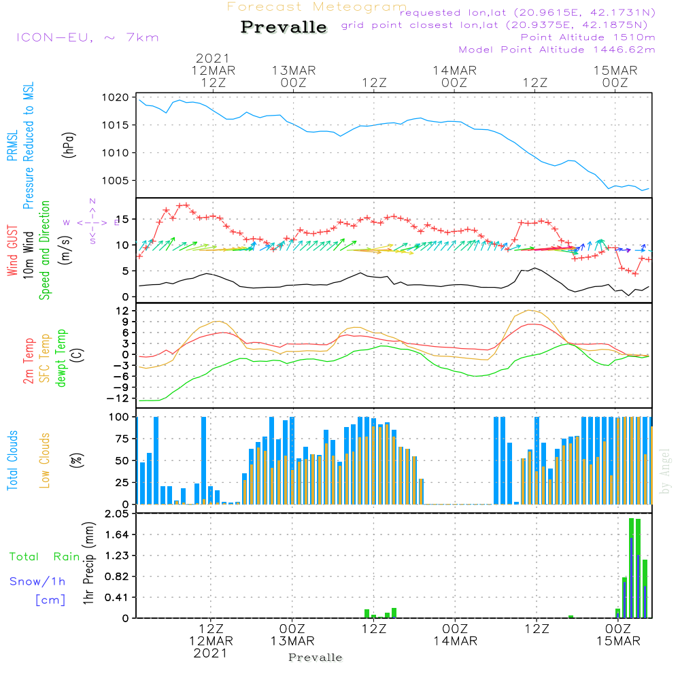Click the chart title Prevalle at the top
coord(284,27)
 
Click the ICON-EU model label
coord(87,37)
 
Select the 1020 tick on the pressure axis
coord(116,97)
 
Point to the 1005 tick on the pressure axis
coord(116,180)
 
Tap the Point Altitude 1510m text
coord(588,37)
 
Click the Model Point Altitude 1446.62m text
coord(556,50)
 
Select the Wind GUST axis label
coord(12,251)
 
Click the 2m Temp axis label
coord(29,359)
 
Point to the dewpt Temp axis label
coord(61,359)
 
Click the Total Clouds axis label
coord(12,460)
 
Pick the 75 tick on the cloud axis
coord(122,439)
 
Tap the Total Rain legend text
coord(44,556)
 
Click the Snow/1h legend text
coord(37,581)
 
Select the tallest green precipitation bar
coord(632,568)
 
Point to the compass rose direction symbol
coord(92,221)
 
